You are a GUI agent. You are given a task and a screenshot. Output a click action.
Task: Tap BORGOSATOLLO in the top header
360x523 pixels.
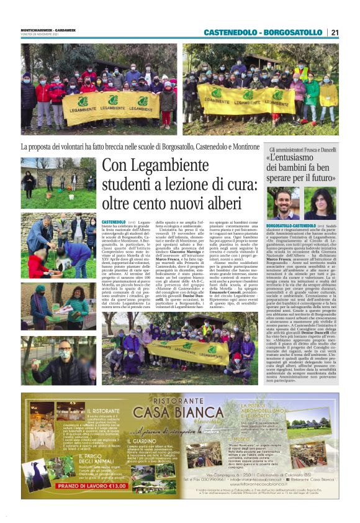294,32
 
